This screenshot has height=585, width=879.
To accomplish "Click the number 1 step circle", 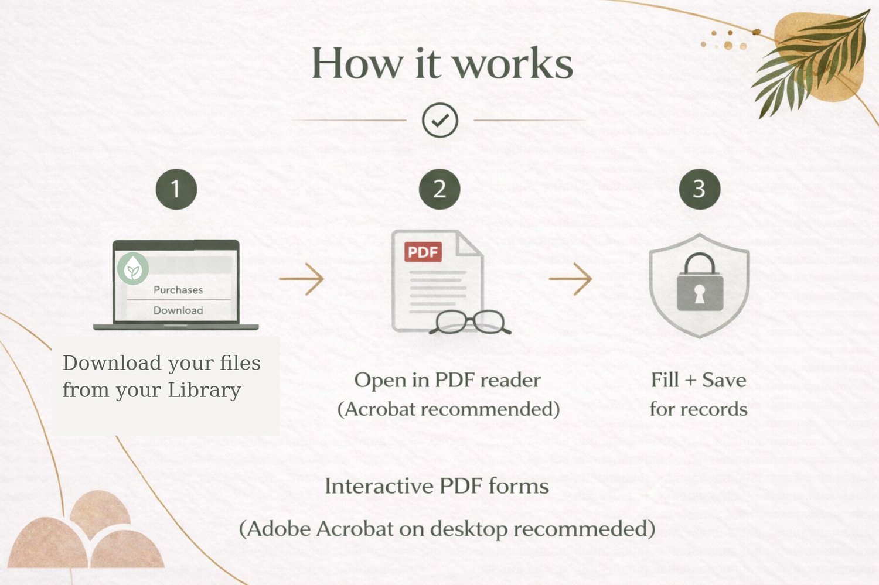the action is [x=176, y=189].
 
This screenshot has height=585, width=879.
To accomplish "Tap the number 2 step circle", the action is [x=439, y=189].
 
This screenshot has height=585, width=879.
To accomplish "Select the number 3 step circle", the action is [x=700, y=189].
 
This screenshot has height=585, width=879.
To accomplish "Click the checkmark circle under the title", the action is [x=440, y=120].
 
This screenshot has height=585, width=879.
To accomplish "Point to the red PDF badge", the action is [x=423, y=252].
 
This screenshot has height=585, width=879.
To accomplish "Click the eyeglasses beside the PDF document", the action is [x=470, y=322].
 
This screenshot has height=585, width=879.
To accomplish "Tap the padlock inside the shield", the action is [x=700, y=282].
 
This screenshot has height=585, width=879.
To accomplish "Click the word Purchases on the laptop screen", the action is [x=178, y=290].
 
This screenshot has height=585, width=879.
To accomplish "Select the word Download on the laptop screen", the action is [x=178, y=310].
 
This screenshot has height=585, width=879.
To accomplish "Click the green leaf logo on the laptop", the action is [x=133, y=269].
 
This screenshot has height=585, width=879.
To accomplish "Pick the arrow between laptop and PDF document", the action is [x=301, y=279].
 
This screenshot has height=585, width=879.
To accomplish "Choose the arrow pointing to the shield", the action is [x=570, y=279].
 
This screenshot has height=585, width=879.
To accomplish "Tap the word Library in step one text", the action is [x=204, y=391].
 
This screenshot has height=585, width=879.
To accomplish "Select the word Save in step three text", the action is [x=724, y=380].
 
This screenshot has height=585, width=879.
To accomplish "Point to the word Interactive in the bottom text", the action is [x=379, y=486].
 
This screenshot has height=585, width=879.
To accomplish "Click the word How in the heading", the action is [x=357, y=63].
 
